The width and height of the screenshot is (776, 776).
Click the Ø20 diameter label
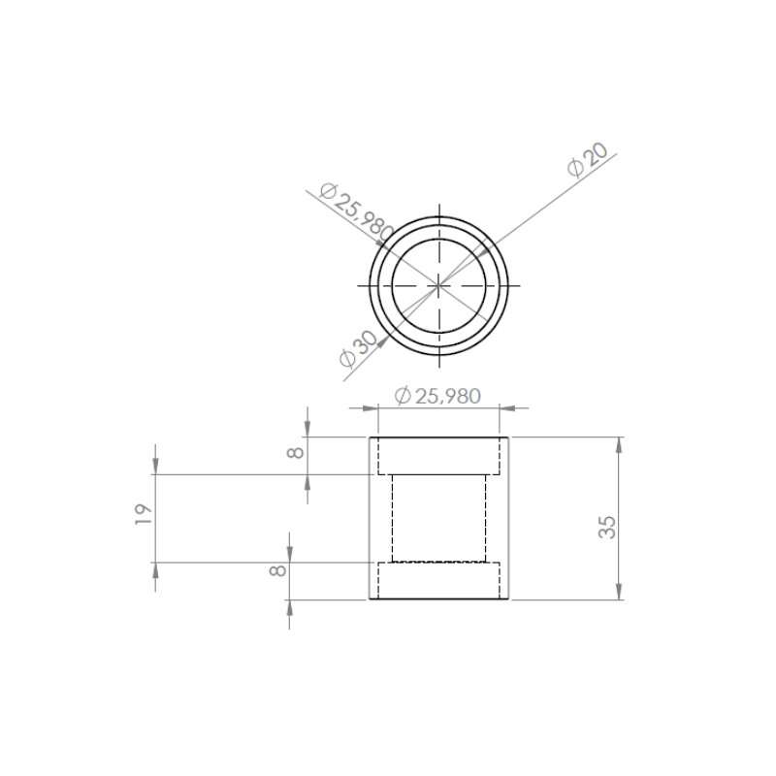[x=588, y=160]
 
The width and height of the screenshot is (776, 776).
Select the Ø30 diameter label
[x=358, y=349]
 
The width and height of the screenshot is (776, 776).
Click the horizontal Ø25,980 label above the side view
[x=437, y=396]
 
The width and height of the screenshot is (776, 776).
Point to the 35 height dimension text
[x=607, y=527]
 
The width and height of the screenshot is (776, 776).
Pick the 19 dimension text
[x=144, y=515]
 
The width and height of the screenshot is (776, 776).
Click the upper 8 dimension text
[x=296, y=453]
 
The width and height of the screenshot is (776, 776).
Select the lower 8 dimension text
[x=277, y=570]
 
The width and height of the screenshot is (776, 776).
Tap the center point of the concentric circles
[x=439, y=285]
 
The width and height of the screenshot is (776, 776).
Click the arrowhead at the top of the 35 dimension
[x=619, y=445]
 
